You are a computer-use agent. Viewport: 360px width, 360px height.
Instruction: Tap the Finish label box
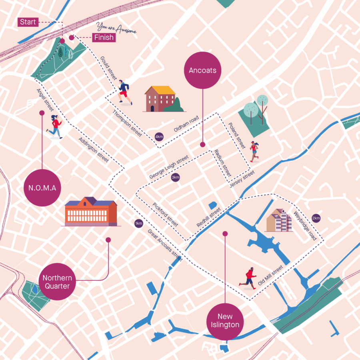pyautogui.click(x=104, y=38)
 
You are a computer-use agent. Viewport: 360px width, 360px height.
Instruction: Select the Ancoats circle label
pyautogui.click(x=202, y=70)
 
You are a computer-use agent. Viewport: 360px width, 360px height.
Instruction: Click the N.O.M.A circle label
pyautogui.click(x=42, y=188)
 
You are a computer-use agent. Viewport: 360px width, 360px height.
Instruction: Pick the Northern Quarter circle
pyautogui.click(x=57, y=282)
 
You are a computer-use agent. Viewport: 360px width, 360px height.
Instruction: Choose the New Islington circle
pyautogui.click(x=225, y=320)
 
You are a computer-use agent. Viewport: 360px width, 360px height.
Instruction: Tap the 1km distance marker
pyautogui.click(x=138, y=223)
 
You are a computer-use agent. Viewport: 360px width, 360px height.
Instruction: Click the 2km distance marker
pyautogui.click(x=316, y=218)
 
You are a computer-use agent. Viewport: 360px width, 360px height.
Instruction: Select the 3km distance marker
pyautogui.click(x=175, y=177)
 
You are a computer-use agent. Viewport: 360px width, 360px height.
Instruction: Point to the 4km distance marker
pyautogui.click(x=159, y=137)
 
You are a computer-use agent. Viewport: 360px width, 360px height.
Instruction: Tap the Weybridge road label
pyautogui.click(x=305, y=226)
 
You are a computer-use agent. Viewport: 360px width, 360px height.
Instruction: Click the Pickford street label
pyautogui.click(x=166, y=214)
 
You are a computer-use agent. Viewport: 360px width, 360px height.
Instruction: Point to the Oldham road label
pyautogui.click(x=186, y=124)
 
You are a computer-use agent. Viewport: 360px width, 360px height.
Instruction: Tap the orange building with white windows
pyautogui.click(x=91, y=212)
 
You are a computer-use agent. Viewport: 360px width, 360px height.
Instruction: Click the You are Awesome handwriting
pyautogui.click(x=116, y=28)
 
